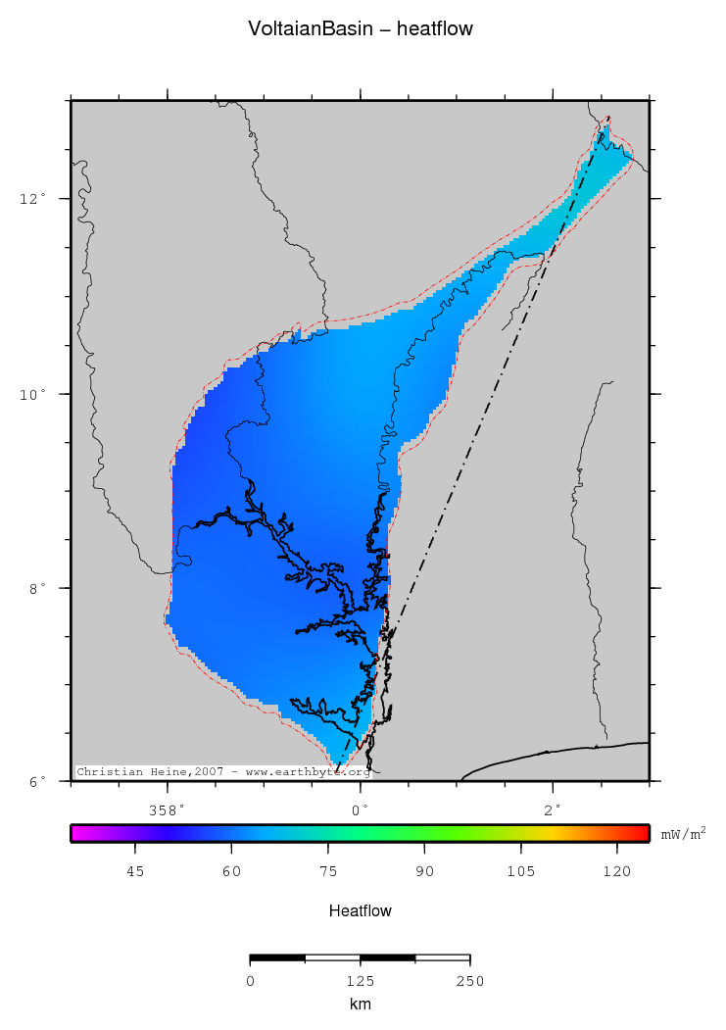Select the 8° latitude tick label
(x=35, y=588)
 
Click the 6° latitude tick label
(x=35, y=782)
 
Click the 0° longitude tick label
(x=361, y=809)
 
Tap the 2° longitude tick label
(x=554, y=809)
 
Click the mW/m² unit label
(x=683, y=834)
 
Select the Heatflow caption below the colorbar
(x=361, y=911)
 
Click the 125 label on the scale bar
(x=360, y=981)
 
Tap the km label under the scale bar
(x=360, y=1004)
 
